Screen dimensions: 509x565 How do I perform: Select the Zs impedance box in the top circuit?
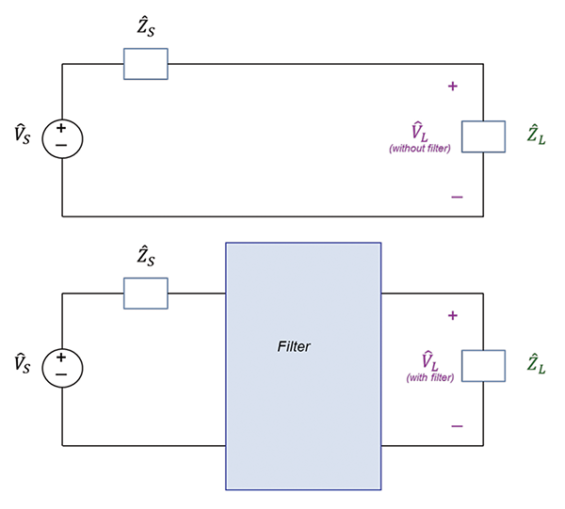tap(146, 64)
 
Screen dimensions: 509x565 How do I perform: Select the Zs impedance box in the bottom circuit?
tap(146, 293)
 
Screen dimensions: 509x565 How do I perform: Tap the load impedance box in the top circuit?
tap(484, 136)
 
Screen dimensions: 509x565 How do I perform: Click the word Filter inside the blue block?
tap(294, 346)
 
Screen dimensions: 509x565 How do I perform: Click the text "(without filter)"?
tap(420, 149)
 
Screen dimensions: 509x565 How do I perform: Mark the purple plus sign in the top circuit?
tap(453, 87)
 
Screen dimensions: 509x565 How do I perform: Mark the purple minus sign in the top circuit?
tap(457, 197)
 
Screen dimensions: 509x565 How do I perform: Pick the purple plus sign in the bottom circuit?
tap(453, 315)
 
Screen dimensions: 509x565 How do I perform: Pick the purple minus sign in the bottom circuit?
tap(457, 426)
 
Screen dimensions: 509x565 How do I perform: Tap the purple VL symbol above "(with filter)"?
tap(429, 360)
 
